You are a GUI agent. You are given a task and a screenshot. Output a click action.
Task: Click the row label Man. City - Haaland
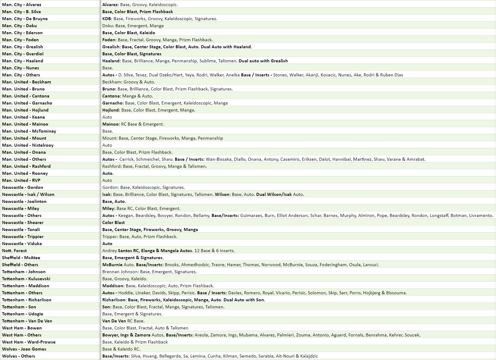pyautogui.click(x=23, y=61)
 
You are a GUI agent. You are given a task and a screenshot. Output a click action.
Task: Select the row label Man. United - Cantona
pyautogui.click(x=26, y=96)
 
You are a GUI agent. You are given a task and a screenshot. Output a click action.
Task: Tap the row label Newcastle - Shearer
pyautogui.click(x=23, y=222)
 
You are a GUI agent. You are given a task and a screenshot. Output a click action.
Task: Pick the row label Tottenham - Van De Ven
pyautogui.click(x=27, y=321)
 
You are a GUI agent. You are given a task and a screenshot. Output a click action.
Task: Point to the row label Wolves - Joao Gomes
pyautogui.click(x=24, y=349)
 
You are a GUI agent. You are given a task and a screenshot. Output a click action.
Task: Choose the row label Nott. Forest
pyautogui.click(x=14, y=251)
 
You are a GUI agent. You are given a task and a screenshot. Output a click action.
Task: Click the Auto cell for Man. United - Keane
pyautogui.click(x=107, y=117)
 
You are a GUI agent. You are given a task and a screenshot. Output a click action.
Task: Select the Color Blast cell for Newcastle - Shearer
pyautogui.click(x=113, y=222)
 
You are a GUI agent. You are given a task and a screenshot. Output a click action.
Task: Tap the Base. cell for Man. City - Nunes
pyautogui.click(x=108, y=68)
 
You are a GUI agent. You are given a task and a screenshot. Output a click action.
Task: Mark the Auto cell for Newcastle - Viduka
pyautogui.click(x=107, y=244)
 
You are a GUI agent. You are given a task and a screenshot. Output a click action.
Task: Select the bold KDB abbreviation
pyautogui.click(x=107, y=19)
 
